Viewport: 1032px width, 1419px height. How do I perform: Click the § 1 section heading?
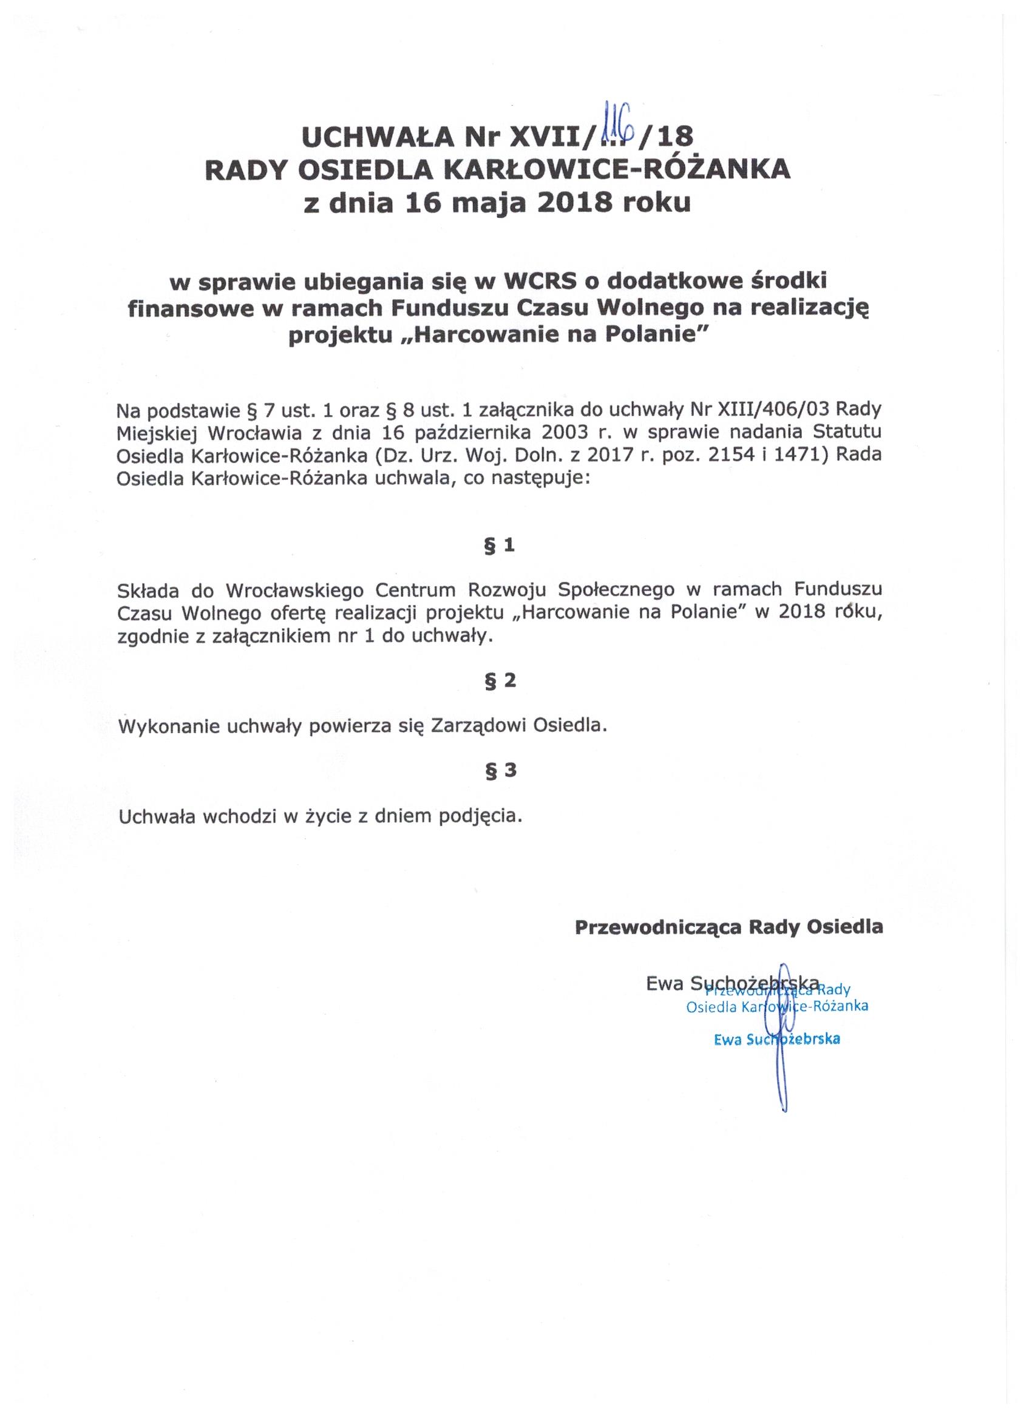[500, 546]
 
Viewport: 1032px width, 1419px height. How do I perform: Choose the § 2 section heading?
[500, 681]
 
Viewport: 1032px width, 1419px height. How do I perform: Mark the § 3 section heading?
[500, 771]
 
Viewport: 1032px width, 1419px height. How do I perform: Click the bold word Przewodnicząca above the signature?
[656, 927]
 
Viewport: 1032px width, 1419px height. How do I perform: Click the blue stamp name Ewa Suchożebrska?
[776, 1039]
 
